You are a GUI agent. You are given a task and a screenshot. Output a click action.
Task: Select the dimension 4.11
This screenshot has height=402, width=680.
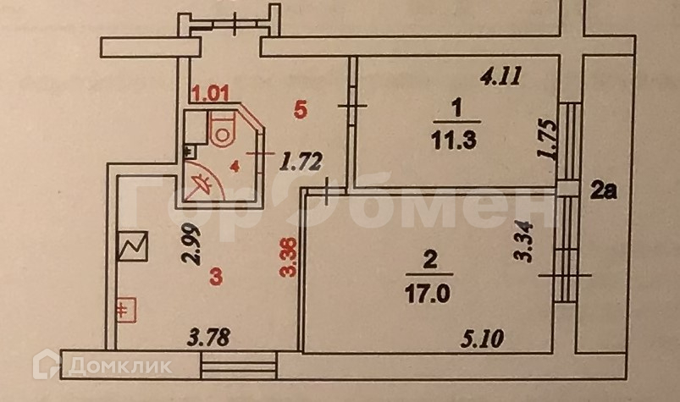(x=500, y=78)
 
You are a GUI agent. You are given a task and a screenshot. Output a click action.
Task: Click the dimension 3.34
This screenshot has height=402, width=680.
(x=528, y=240)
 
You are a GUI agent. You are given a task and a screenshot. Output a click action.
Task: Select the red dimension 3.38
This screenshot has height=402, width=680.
(x=290, y=258)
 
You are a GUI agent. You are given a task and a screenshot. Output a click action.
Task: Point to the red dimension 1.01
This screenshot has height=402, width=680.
(x=211, y=94)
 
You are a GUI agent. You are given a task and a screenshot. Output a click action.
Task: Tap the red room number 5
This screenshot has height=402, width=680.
(x=297, y=108)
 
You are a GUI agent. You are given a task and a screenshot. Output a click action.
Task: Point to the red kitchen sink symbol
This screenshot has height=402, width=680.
(x=126, y=309)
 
